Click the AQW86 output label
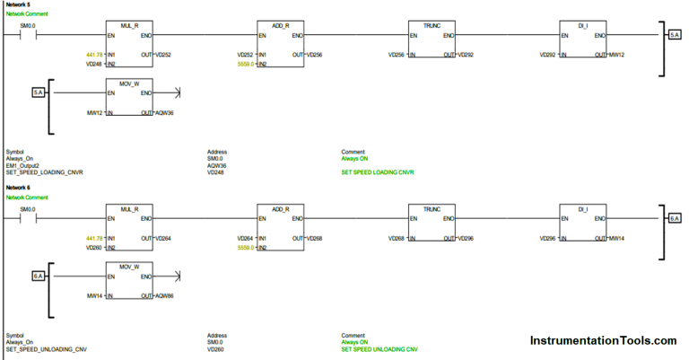[x=164, y=295]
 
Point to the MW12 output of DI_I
[x=618, y=55]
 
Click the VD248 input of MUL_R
[x=93, y=65]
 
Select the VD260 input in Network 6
[x=93, y=247]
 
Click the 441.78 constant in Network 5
[x=94, y=55]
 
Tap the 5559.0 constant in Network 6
[x=245, y=247]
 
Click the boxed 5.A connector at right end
[x=674, y=34]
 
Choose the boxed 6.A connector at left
[x=39, y=275]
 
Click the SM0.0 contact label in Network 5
[x=28, y=26]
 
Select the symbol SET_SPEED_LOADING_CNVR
[x=44, y=172]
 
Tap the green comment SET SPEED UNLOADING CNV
[x=379, y=348]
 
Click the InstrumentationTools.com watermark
[x=603, y=341]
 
